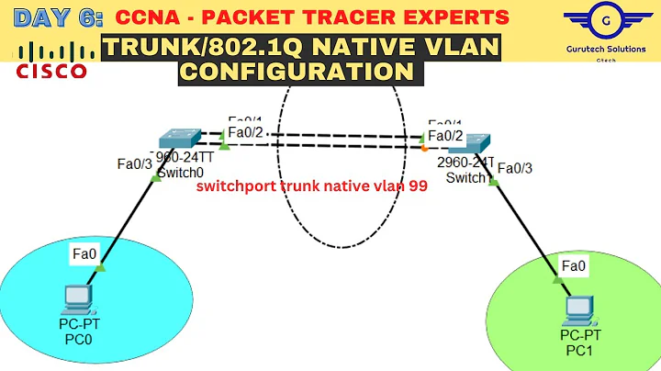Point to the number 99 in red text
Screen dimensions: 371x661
(418, 185)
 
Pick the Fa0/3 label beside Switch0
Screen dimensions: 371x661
(136, 164)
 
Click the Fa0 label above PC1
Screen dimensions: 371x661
(574, 266)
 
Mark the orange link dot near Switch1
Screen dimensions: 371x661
(424, 147)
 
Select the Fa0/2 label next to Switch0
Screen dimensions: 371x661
(246, 133)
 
